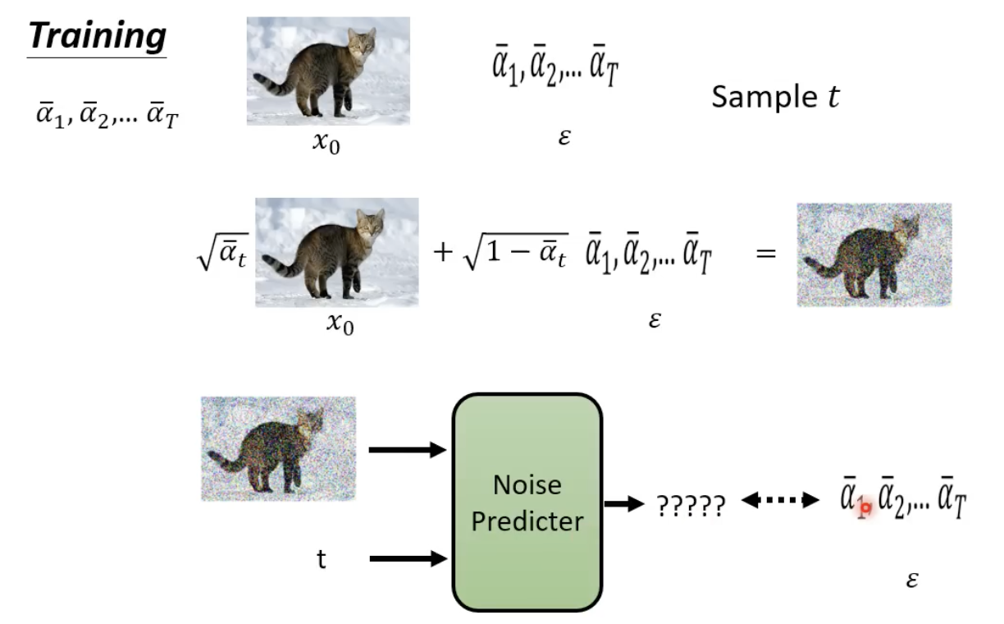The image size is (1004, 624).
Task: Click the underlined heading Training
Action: pos(97,36)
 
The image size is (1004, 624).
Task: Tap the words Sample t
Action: pos(775,97)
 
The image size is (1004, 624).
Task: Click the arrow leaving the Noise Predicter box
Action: pos(624,503)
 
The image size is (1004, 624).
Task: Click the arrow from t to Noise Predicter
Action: pos(407,559)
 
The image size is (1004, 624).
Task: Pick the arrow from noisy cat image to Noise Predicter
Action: pos(407,449)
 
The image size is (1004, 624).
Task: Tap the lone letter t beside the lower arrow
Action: pos(321,559)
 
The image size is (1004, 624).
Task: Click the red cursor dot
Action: pos(864,509)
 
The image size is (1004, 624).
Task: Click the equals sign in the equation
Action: pos(764,254)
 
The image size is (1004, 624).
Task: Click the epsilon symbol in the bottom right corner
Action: pos(911,580)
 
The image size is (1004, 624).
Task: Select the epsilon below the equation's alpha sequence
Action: pos(653,319)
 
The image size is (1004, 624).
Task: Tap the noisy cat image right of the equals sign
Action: pos(874,255)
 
